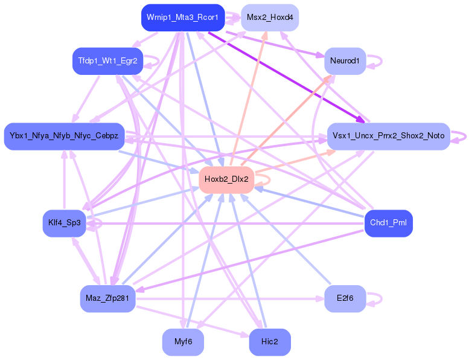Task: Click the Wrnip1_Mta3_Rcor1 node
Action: click(x=182, y=18)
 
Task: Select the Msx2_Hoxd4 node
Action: click(x=270, y=18)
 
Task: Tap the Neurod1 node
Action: click(x=345, y=61)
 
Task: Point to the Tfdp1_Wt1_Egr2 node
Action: click(x=107, y=61)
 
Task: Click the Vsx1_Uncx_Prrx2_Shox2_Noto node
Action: click(x=388, y=136)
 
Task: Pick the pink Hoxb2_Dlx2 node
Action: click(x=226, y=179)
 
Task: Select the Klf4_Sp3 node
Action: click(x=64, y=223)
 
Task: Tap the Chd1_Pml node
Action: click(x=388, y=223)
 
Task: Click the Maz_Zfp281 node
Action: click(x=107, y=298)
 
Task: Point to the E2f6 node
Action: click(x=345, y=298)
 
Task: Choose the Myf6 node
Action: click(x=183, y=342)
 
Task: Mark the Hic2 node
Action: click(x=270, y=342)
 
